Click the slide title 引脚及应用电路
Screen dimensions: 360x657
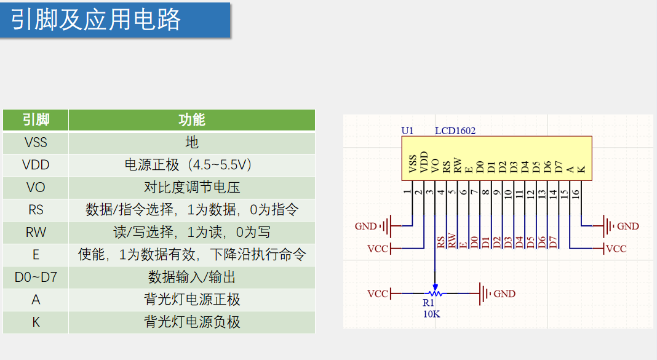pyautogui.click(x=96, y=20)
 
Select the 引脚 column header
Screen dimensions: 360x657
pyautogui.click(x=36, y=120)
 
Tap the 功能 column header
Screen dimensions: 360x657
pyautogui.click(x=192, y=120)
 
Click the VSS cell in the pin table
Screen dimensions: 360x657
pyautogui.click(x=36, y=142)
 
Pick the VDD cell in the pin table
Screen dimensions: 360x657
pyautogui.click(x=36, y=165)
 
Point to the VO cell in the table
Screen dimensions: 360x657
pyautogui.click(x=36, y=187)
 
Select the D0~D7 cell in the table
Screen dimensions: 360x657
pyautogui.click(x=36, y=277)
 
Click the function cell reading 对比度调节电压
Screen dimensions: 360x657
pyautogui.click(x=192, y=187)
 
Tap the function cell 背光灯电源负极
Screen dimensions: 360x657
pyautogui.click(x=192, y=322)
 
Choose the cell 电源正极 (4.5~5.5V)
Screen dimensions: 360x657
pyautogui.click(x=192, y=165)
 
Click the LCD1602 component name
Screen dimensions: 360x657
pyautogui.click(x=455, y=130)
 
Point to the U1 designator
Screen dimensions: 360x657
pyautogui.click(x=407, y=130)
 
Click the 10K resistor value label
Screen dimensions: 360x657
pyautogui.click(x=431, y=313)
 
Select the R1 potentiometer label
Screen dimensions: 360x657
pyautogui.click(x=429, y=303)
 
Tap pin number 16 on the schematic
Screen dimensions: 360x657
pyautogui.click(x=576, y=193)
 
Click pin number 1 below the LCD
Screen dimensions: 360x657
pyautogui.click(x=407, y=193)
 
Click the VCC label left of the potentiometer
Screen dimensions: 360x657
pyautogui.click(x=378, y=294)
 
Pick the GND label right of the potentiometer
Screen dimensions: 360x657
pyautogui.click(x=504, y=294)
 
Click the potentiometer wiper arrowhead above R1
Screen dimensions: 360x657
pyautogui.click(x=436, y=287)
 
